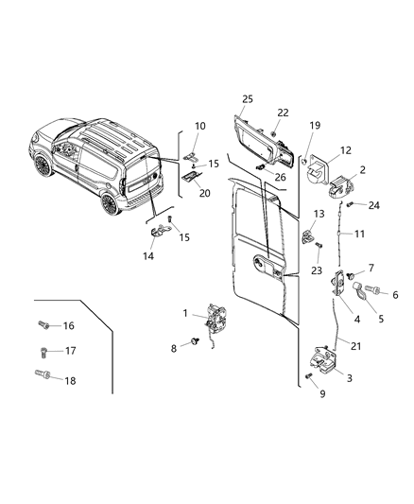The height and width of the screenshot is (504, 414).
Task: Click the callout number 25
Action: tap(248, 98)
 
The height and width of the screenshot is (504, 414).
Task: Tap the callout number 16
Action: tap(67, 325)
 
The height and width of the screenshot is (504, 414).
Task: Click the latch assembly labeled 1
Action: tap(216, 321)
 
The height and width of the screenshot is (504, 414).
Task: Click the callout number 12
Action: tap(345, 150)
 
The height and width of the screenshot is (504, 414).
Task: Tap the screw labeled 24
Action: tap(350, 204)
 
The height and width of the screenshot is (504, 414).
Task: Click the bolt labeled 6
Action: tap(371, 292)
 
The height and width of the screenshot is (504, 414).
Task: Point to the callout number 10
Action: tap(199, 126)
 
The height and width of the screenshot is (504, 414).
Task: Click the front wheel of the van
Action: tap(43, 165)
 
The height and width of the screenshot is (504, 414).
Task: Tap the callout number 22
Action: tap(282, 113)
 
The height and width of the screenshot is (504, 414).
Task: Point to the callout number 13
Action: tap(319, 214)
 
